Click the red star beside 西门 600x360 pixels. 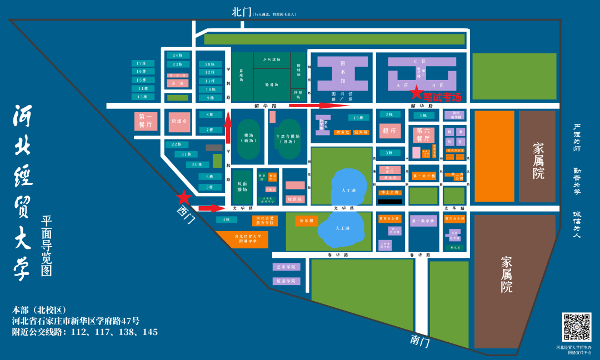pyautogui.click(x=184, y=197)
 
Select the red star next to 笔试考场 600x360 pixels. pyautogui.click(x=417, y=93)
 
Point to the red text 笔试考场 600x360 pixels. pyautogui.click(x=443, y=97)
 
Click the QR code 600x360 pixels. pyautogui.click(x=577, y=327)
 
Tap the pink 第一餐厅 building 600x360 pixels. pyautogui.click(x=146, y=121)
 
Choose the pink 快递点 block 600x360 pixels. pyautogui.click(x=179, y=121)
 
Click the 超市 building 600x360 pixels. pyautogui.click(x=389, y=131)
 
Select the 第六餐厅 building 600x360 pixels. pyautogui.click(x=423, y=135)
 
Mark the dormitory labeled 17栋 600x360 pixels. pyautogui.click(x=142, y=63)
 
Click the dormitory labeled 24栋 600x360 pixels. pyautogui.click(x=178, y=56)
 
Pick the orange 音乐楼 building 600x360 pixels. pyautogui.click(x=307, y=221)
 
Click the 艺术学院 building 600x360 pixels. pyautogui.click(x=287, y=267)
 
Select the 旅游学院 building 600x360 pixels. pyautogui.click(x=287, y=281)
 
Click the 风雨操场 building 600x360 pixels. pyautogui.click(x=242, y=186)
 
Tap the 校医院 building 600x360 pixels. pyautogui.click(x=294, y=199)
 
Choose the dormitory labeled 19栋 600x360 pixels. pyautogui.click(x=358, y=118)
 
